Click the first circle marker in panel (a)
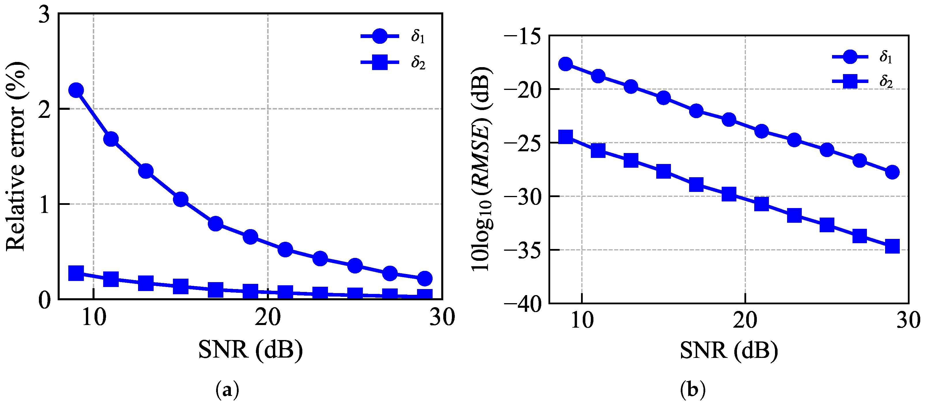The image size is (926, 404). [x=76, y=90]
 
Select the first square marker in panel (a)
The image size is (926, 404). [x=76, y=273]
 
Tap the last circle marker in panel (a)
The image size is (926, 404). [x=425, y=278]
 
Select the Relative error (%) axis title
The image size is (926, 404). [x=16, y=156]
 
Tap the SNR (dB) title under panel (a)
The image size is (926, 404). [x=250, y=349]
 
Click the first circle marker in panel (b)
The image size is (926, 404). [x=565, y=64]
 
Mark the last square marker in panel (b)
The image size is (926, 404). [x=892, y=247]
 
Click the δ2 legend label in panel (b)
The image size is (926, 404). [x=886, y=82]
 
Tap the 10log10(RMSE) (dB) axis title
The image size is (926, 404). [x=482, y=169]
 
